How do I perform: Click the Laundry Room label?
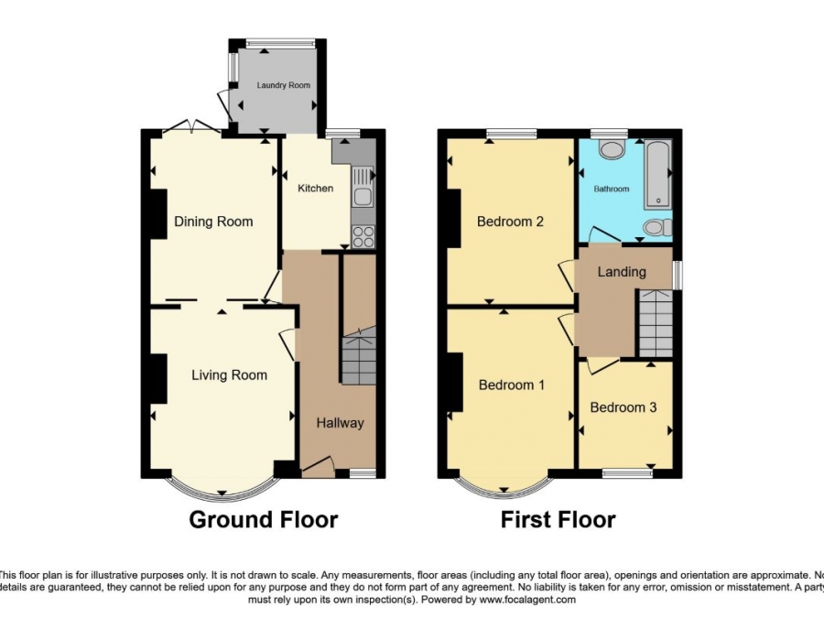click(x=283, y=85)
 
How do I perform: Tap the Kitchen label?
click(x=315, y=189)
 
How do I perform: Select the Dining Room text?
click(x=213, y=222)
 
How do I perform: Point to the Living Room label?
click(x=229, y=374)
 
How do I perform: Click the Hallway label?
click(x=340, y=423)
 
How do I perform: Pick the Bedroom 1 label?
click(x=511, y=385)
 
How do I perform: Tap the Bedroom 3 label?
click(x=623, y=407)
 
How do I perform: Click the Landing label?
click(x=622, y=272)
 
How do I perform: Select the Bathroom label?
click(x=611, y=190)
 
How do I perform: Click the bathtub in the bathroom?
click(x=657, y=174)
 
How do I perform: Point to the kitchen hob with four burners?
click(x=363, y=235)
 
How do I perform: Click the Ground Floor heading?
click(x=263, y=520)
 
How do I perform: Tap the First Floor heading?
click(x=558, y=520)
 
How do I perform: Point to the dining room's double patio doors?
click(x=191, y=127)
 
